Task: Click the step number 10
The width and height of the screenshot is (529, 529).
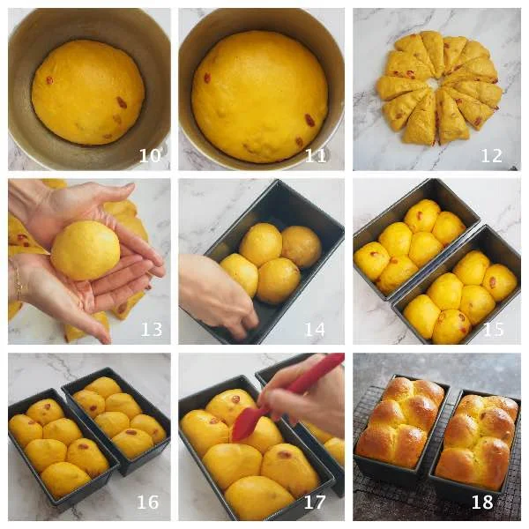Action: pos(150,155)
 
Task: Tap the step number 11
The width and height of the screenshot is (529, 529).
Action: pos(316,155)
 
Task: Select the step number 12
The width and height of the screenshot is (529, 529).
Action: pos(492,155)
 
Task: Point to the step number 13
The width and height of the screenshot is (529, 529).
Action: pos(152,329)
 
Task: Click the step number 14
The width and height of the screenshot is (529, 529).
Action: pos(315,329)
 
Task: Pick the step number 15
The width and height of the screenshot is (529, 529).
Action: pos(494,329)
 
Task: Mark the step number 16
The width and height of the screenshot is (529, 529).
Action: pos(148,503)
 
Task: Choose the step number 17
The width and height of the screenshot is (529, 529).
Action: pos(315,503)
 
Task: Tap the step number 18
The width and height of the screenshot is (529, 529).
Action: pos(482,503)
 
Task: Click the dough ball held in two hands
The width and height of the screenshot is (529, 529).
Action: pos(86,250)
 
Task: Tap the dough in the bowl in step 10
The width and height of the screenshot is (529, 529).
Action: pos(88,92)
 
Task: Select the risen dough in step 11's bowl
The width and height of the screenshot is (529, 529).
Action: pos(259,97)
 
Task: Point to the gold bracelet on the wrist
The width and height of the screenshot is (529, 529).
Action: pos(19,283)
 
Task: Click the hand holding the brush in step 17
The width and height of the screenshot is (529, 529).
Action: pos(303,399)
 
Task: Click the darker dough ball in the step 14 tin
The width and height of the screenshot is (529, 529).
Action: pos(301,247)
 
